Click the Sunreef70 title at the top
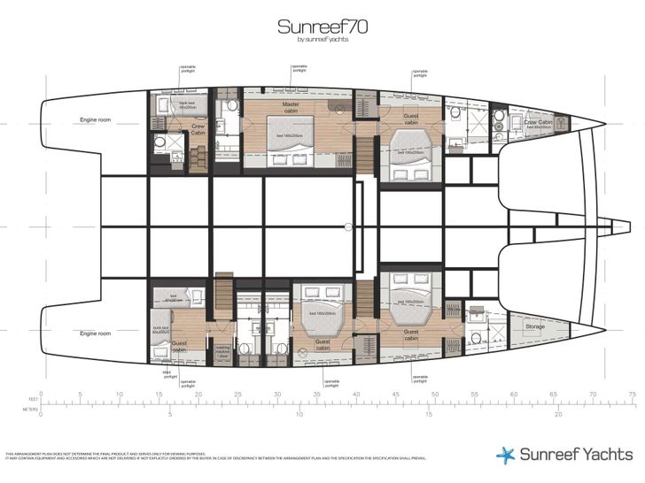tap(322, 27)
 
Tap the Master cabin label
tap(290, 106)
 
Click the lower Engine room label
tap(94, 333)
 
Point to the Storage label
tap(534, 326)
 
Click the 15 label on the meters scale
tap(429, 414)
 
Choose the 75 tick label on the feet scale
tap(630, 395)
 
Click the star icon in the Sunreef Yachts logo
tap(504, 455)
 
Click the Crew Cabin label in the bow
tap(538, 122)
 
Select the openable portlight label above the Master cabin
tap(299, 68)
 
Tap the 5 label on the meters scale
tap(170, 414)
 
